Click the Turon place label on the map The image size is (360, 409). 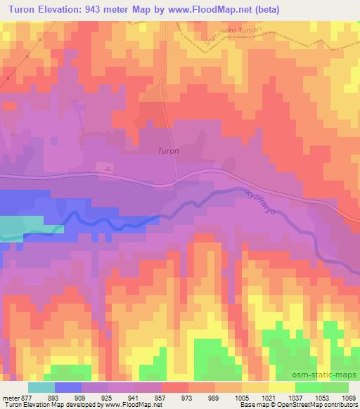click(x=168, y=150)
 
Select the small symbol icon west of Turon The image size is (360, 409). click(x=107, y=169)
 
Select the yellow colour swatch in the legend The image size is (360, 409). click(x=281, y=387)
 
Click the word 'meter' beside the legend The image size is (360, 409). click(x=11, y=397)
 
